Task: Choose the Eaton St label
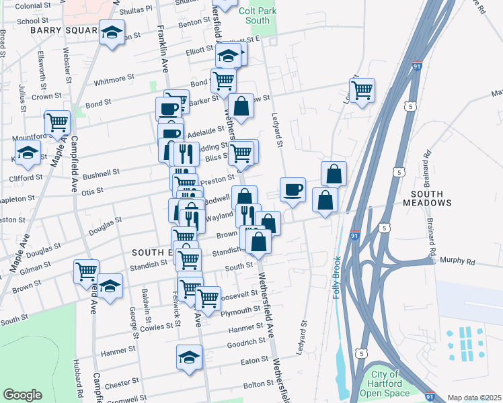(x=255, y=361)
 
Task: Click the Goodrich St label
(x=243, y=343)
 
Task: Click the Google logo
(x=22, y=395)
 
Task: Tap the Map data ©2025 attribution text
(x=474, y=398)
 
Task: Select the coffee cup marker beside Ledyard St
(x=293, y=189)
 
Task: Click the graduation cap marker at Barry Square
(x=112, y=32)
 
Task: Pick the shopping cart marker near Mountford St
(x=58, y=122)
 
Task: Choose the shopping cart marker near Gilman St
(x=86, y=271)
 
